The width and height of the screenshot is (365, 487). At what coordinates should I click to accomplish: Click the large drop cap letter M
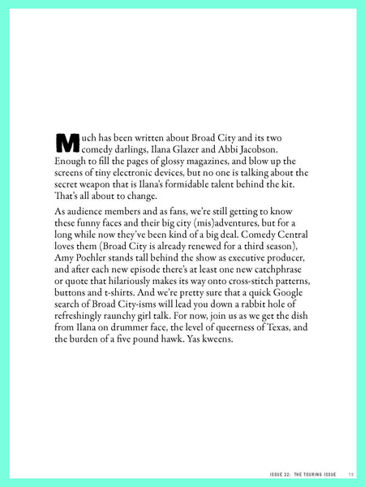click(65, 143)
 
